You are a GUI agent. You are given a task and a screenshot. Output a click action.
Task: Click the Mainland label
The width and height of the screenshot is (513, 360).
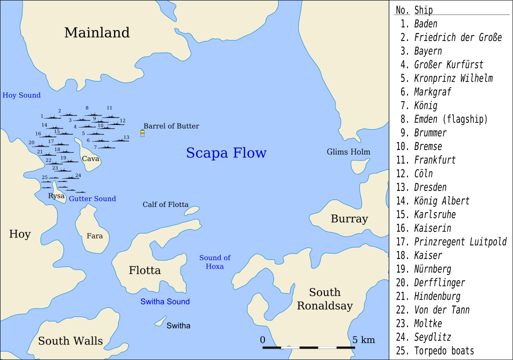[x=97, y=33]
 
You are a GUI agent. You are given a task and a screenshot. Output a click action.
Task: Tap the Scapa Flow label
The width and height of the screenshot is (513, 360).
[x=226, y=153]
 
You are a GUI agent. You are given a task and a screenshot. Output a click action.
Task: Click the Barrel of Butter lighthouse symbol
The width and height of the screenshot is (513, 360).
[x=142, y=133]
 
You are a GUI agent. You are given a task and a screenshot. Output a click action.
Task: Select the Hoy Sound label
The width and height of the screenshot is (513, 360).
[x=21, y=95]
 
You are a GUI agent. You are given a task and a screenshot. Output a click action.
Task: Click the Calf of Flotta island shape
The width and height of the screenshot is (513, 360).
[x=191, y=211]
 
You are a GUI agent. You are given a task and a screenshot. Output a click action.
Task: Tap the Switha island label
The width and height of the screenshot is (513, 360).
[x=178, y=326]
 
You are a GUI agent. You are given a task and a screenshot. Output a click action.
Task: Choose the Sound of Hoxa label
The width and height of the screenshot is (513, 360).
[x=215, y=262]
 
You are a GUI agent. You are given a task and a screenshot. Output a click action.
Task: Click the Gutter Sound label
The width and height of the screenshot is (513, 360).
[x=92, y=198]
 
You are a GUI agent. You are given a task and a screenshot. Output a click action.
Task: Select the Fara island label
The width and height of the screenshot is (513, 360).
[x=94, y=236]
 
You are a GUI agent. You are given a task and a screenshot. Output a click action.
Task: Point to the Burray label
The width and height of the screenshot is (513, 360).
[x=349, y=219]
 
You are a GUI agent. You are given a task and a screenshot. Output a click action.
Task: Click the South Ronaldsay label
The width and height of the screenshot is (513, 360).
[x=325, y=299]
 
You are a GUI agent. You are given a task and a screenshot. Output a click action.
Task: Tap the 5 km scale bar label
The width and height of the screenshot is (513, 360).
[x=363, y=340]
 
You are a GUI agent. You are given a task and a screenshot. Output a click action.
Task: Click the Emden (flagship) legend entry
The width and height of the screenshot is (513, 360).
[x=450, y=119]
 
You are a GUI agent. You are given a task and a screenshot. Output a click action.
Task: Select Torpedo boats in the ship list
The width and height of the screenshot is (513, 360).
[x=444, y=351]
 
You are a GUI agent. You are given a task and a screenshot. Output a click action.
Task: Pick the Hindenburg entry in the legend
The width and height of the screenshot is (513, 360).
[x=437, y=296]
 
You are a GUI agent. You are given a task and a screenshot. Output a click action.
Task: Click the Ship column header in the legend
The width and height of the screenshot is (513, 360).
[x=423, y=10]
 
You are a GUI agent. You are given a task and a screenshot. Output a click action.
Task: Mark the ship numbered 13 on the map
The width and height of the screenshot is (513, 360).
[x=120, y=140]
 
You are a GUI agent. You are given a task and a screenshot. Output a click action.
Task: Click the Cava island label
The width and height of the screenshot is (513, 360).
[x=90, y=158]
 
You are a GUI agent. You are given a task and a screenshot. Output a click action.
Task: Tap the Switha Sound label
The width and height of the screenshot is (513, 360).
[x=165, y=301]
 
